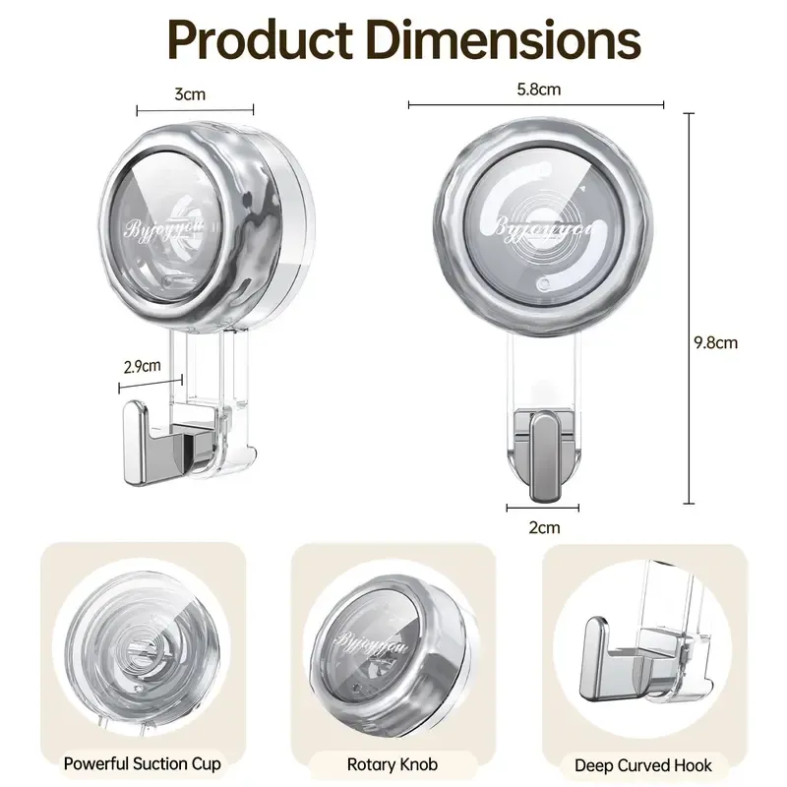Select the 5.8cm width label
coord(538,90)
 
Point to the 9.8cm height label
coord(715,343)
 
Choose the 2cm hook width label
coord(544,527)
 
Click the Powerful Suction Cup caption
coord(142,762)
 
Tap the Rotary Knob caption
coord(393,762)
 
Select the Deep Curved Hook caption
coord(645,762)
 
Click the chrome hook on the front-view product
coord(544,454)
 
